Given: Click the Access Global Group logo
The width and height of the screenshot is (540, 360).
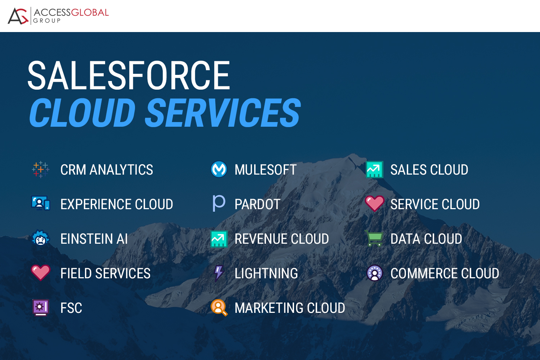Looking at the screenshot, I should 58,16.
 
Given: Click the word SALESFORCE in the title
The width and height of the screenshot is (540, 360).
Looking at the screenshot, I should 129,76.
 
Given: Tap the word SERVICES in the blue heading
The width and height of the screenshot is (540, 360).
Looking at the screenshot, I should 222,113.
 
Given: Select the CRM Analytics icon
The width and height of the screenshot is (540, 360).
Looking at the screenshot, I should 41,169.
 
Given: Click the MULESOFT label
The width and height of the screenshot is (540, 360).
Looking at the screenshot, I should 265,170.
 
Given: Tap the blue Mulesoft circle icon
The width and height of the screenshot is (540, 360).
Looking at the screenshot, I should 219,169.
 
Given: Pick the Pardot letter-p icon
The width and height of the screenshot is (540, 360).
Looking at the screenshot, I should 219,203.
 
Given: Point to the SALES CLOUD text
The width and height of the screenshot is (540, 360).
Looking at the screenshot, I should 429,170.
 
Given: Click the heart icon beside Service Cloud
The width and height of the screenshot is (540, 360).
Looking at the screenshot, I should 374,203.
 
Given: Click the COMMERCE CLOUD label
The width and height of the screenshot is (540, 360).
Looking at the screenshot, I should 445,273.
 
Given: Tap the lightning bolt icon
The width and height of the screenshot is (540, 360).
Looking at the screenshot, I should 219,273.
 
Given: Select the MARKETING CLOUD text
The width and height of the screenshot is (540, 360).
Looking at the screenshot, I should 290,308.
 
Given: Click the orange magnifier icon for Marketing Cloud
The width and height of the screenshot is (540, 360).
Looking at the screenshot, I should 219,307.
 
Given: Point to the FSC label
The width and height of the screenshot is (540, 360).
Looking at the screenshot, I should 71,308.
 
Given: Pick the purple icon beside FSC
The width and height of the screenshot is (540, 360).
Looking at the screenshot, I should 41,307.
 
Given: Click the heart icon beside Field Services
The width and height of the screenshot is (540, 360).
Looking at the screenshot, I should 41,273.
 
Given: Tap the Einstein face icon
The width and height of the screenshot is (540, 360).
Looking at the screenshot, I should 41,238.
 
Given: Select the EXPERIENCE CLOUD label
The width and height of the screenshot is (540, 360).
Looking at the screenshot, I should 117,204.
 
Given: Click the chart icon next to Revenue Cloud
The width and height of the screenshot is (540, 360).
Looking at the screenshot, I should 219,239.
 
